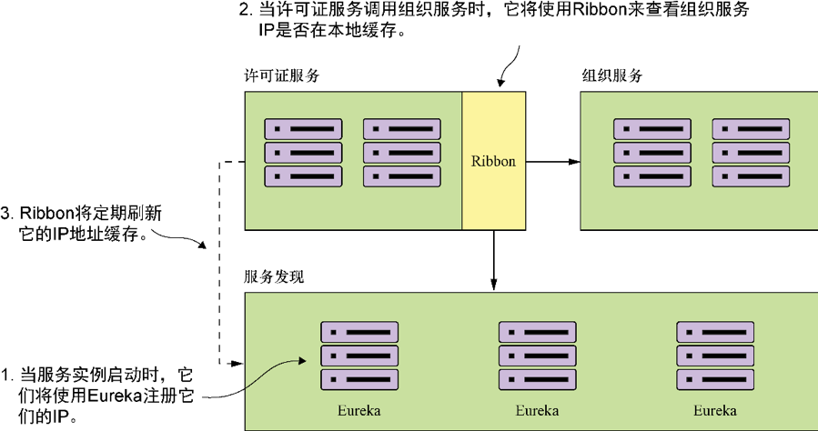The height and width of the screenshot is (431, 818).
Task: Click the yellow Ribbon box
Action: click(493, 160)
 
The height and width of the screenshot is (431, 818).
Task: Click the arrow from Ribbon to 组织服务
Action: click(552, 162)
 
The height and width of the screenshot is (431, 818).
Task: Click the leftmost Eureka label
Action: click(359, 410)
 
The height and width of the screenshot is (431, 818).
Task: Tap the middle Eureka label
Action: click(537, 410)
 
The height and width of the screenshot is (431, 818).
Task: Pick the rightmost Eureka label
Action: click(716, 410)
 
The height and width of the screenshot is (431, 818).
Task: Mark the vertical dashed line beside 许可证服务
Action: click(221, 264)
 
